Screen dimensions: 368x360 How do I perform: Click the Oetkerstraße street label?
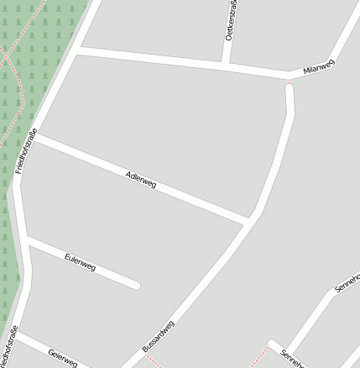tap(230, 22)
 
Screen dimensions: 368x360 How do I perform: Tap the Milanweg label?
tap(319, 68)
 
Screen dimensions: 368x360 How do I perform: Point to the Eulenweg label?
tap(80, 262)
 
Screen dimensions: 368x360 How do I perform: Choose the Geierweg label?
tap(63, 357)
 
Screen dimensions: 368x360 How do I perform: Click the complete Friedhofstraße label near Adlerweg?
tap(24, 149)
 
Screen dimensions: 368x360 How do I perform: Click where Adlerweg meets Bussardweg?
tap(249, 221)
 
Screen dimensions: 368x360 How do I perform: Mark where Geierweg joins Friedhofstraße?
tap(15, 336)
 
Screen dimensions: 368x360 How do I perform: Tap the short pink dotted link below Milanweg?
tap(290, 82)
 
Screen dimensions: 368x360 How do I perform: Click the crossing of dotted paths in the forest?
tap(6, 59)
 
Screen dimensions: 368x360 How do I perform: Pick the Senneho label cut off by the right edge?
tap(347, 283)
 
